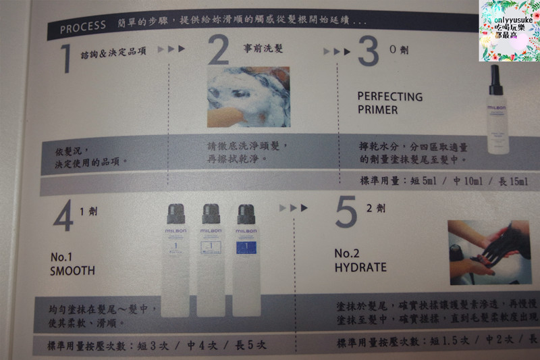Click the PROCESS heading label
(x=82, y=28)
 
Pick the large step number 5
(x=345, y=213)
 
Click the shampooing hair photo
(x=247, y=96)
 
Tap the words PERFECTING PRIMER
(x=389, y=103)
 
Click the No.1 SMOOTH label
(x=73, y=264)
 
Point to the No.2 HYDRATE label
(x=360, y=261)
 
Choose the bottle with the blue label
(x=249, y=260)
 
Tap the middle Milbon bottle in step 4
(x=213, y=260)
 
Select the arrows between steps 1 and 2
(x=171, y=49)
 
